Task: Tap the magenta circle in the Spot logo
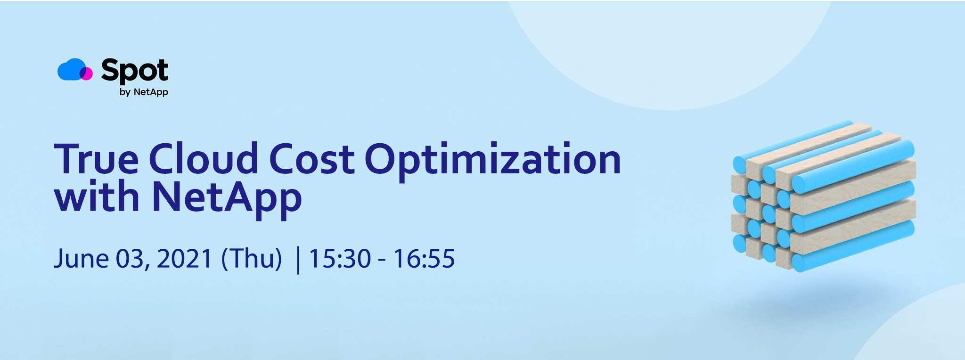(87, 74)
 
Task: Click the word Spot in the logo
(135, 71)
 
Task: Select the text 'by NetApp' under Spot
(144, 92)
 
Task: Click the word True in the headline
(97, 159)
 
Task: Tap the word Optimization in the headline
(493, 161)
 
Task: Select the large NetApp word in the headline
(227, 199)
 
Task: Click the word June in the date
(81, 259)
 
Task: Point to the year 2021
(185, 259)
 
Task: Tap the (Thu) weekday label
(252, 259)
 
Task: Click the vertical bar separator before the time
(298, 260)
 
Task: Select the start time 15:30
(340, 259)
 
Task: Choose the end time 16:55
(424, 259)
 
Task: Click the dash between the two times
(382, 261)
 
